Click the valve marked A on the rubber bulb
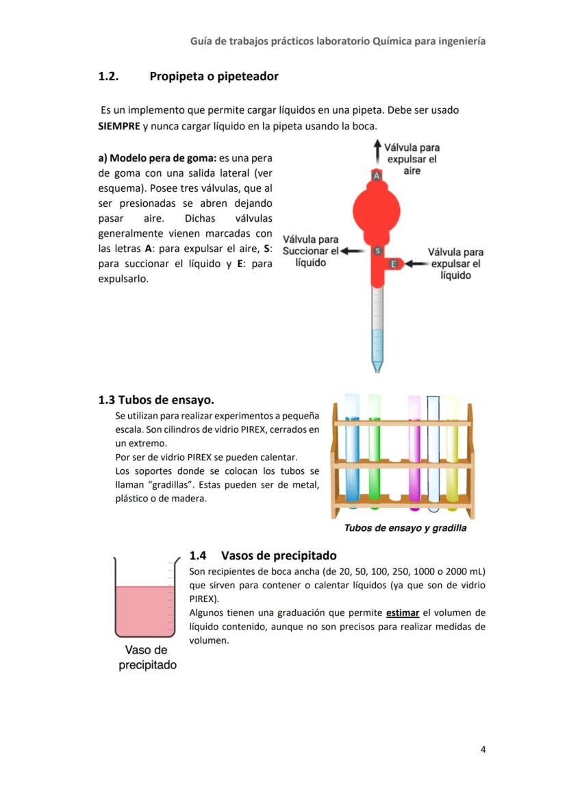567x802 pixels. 376,176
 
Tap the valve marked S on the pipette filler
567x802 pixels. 376,251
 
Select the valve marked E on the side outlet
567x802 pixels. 394,264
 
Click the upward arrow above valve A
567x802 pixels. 376,151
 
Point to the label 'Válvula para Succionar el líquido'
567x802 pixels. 310,251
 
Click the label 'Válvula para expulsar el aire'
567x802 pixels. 412,159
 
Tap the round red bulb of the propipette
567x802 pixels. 376,212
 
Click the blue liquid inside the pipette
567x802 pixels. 377,346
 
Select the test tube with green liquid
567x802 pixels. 374,452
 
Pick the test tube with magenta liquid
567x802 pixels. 414,452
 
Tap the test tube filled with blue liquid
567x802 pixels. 352,452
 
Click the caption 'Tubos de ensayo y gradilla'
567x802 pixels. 405,528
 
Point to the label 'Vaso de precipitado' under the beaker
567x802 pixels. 147,657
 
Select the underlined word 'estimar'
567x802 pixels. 403,612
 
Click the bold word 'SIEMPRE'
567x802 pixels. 120,126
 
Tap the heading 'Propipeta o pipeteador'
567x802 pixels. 214,76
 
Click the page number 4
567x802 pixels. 483,749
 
